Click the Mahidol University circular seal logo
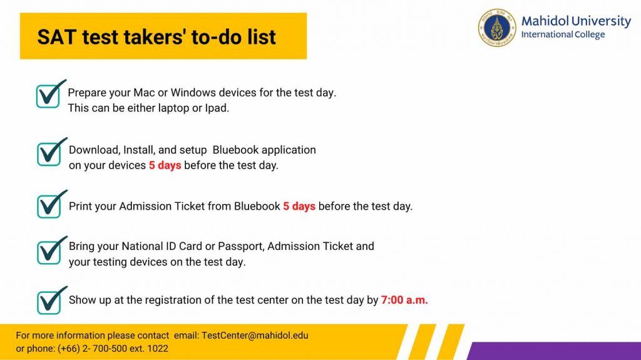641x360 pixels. (497, 28)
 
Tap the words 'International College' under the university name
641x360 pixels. (563, 35)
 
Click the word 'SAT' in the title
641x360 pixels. (56, 37)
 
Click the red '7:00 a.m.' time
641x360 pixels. (404, 300)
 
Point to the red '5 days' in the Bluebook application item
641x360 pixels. (165, 165)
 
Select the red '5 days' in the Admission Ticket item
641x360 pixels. (299, 206)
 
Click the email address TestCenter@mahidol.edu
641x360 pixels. (255, 336)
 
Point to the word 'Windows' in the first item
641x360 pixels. (193, 93)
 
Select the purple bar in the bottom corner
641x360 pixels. (554, 351)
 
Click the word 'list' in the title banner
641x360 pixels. (262, 37)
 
